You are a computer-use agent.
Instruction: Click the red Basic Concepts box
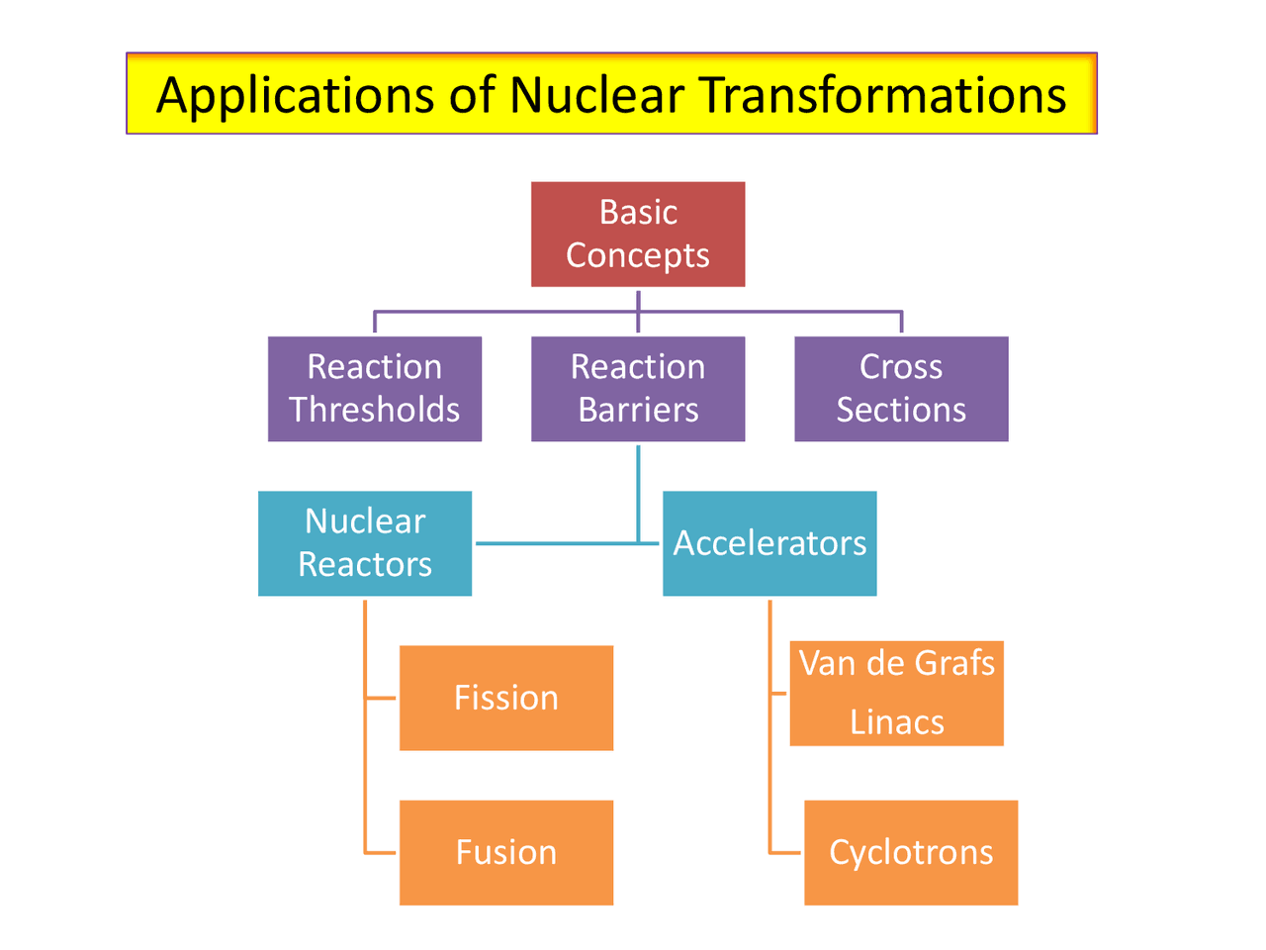[x=638, y=235]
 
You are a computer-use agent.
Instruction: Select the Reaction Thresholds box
[x=375, y=389]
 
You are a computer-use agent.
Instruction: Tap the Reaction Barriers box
[x=638, y=389]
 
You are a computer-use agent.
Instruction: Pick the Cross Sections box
[x=901, y=389]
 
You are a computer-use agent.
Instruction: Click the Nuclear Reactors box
[x=365, y=543]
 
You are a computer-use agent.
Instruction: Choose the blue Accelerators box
[x=769, y=543]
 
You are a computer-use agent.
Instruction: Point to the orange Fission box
[x=506, y=698]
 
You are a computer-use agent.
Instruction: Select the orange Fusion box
[x=506, y=852]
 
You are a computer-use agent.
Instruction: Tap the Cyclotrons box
[x=911, y=852]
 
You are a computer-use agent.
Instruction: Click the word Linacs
[x=897, y=722]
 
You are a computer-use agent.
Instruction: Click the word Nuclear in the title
[x=596, y=95]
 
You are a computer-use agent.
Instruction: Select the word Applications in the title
[x=295, y=97]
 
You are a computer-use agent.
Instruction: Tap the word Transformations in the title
[x=884, y=95]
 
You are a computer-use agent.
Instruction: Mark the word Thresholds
[x=375, y=410]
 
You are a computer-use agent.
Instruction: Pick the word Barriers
[x=638, y=410]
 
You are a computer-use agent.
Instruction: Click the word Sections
[x=901, y=410]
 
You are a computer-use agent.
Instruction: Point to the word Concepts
[x=638, y=255]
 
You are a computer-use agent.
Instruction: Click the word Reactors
[x=365, y=564]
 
